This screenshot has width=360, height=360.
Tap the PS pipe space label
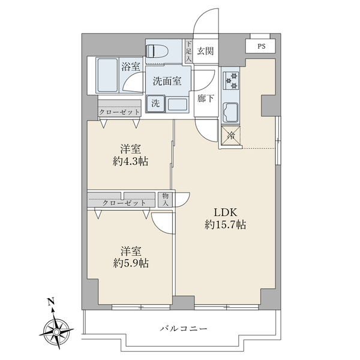[x=261, y=46]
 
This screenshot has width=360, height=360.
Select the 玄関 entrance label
[x=205, y=51]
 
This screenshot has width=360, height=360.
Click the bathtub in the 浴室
[x=107, y=76]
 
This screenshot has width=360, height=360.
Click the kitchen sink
[x=230, y=113]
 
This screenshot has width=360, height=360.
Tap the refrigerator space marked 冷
[x=231, y=136]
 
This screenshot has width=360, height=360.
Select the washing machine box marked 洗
[x=155, y=104]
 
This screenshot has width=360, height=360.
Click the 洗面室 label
[x=167, y=81]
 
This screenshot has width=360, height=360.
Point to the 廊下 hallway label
[x=205, y=98]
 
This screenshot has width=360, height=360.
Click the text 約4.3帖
[x=130, y=162]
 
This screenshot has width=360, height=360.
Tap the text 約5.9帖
[x=131, y=263]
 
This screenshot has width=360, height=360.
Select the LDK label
[x=225, y=212]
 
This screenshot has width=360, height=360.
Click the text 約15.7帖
[x=225, y=225]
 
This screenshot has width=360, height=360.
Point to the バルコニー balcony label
[x=184, y=329]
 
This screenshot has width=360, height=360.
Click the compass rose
[x=56, y=331]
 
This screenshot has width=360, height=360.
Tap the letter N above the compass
[x=50, y=301]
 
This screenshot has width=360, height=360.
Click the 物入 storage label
[x=166, y=200]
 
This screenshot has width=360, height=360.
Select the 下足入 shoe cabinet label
[x=188, y=51]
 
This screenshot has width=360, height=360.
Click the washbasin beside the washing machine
[x=178, y=104]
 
